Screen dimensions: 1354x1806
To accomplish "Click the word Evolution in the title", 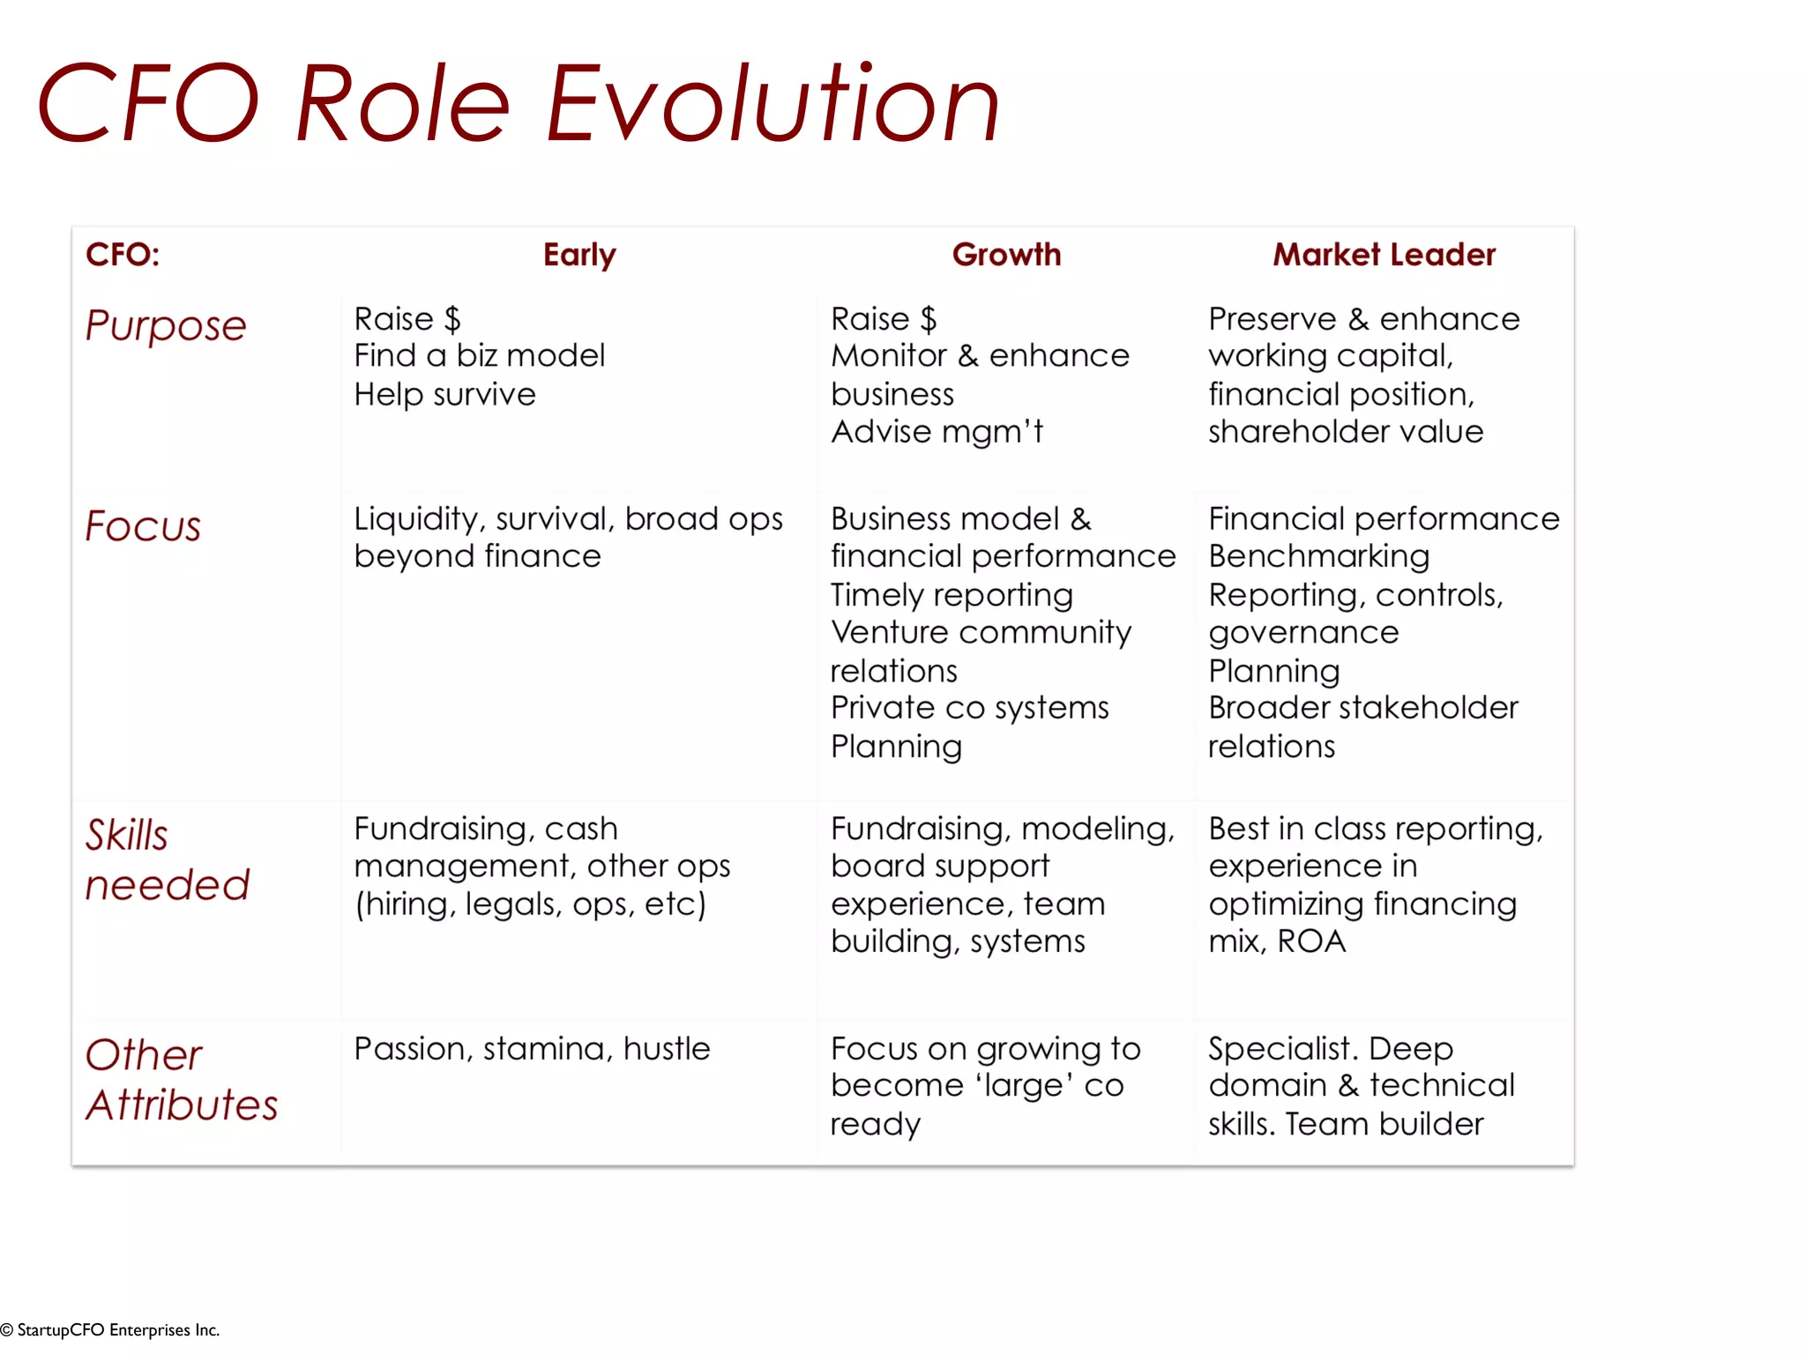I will pyautogui.click(x=772, y=104).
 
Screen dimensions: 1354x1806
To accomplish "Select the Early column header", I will pyautogui.click(x=579, y=255).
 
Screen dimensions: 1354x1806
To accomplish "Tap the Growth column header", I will pyautogui.click(x=1006, y=255).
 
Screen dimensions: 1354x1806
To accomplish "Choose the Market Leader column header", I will pyautogui.click(x=1384, y=255).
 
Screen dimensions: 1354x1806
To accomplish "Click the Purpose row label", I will pyautogui.click(x=166, y=326).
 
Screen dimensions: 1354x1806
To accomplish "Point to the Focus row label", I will pyautogui.click(x=143, y=526).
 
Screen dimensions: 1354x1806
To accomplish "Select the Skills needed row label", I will pyautogui.click(x=167, y=859).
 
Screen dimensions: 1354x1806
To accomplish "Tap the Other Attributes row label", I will pyautogui.click(x=181, y=1080).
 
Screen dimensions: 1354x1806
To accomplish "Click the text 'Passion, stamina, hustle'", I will pyautogui.click(x=532, y=1049).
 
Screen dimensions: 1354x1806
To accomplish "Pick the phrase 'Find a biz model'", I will pyautogui.click(x=479, y=356).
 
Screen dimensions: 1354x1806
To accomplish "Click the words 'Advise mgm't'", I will pyautogui.click(x=937, y=432).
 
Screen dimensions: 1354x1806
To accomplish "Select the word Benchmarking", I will pyautogui.click(x=1318, y=556).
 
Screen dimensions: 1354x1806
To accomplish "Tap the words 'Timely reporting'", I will pyautogui.click(x=952, y=595).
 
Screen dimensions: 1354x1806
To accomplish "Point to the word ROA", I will pyautogui.click(x=1311, y=941).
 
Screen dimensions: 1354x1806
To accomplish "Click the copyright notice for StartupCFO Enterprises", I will pyautogui.click(x=110, y=1330).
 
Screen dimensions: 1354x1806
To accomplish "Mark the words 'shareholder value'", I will pyautogui.click(x=1345, y=432).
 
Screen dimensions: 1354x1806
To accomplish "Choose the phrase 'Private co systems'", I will pyautogui.click(x=969, y=708).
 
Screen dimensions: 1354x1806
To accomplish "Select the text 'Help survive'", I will pyautogui.click(x=444, y=394).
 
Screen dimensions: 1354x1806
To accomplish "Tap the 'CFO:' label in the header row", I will pyautogui.click(x=123, y=255).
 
